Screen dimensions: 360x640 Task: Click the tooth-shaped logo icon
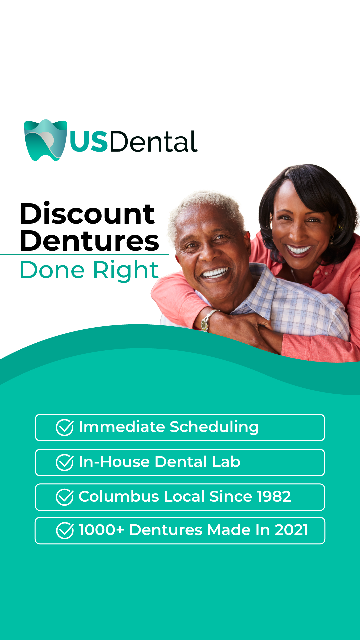(46, 140)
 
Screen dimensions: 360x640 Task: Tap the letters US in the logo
(89, 142)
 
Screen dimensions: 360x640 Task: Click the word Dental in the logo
(153, 141)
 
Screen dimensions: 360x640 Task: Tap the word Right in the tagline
(126, 271)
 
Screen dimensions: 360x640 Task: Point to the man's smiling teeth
(215, 273)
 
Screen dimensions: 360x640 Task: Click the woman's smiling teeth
(299, 249)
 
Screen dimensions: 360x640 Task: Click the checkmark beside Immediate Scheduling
(65, 427)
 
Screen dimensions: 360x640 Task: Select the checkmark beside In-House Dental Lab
(65, 462)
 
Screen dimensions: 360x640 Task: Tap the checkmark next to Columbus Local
(65, 497)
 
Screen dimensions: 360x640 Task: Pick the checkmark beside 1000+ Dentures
(65, 530)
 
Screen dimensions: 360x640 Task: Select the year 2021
(292, 530)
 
